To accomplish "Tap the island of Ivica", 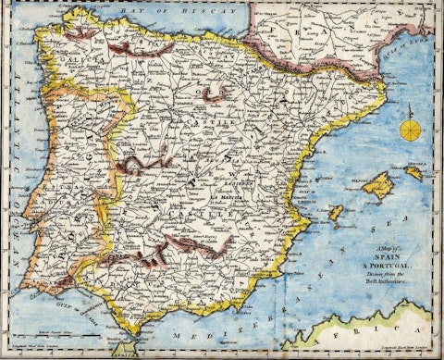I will click(x=336, y=214).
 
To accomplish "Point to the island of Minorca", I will click(x=413, y=171).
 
